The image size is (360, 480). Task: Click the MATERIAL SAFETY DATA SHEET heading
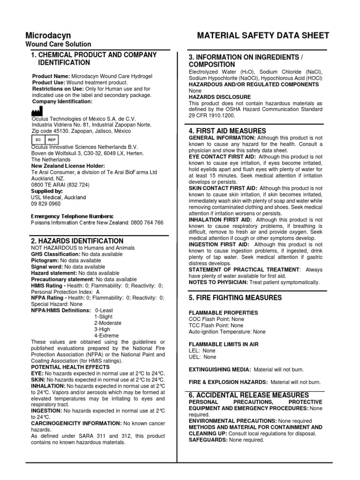click(x=263, y=36)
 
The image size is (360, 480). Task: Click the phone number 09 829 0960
click(x=46, y=204)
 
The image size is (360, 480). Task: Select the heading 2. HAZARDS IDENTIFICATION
click(x=77, y=241)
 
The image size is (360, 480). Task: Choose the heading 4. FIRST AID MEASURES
click(x=227, y=131)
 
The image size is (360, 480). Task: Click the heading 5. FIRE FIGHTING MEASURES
click(x=235, y=298)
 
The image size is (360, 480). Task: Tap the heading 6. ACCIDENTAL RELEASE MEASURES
click(x=248, y=395)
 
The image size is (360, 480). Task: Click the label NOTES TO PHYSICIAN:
click(x=218, y=282)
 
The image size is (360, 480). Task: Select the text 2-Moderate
click(x=107, y=323)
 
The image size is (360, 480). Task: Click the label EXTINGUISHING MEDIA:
click(x=219, y=370)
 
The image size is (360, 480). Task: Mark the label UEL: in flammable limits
click(x=195, y=357)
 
